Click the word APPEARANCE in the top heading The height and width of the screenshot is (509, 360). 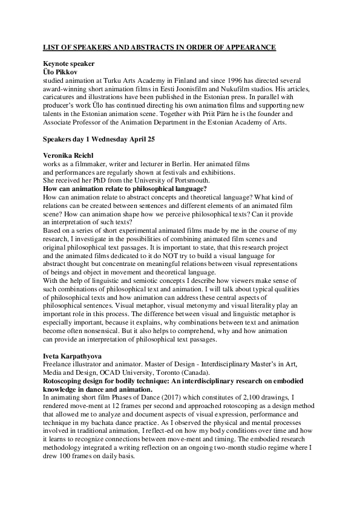(x=245, y=47)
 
